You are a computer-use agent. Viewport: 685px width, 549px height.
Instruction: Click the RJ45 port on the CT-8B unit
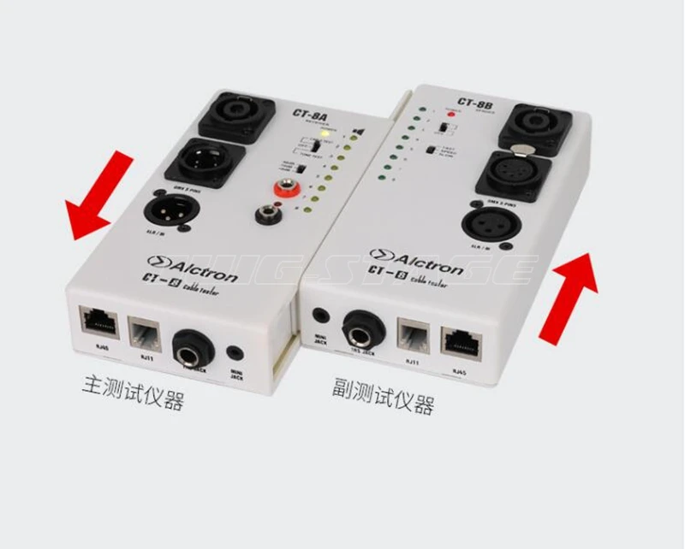click(x=462, y=339)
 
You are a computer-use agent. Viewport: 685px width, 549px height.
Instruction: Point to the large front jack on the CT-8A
click(x=193, y=347)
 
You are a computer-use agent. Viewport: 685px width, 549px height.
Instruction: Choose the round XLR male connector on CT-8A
click(x=173, y=208)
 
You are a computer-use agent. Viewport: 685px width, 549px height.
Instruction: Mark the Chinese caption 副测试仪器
click(x=383, y=393)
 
